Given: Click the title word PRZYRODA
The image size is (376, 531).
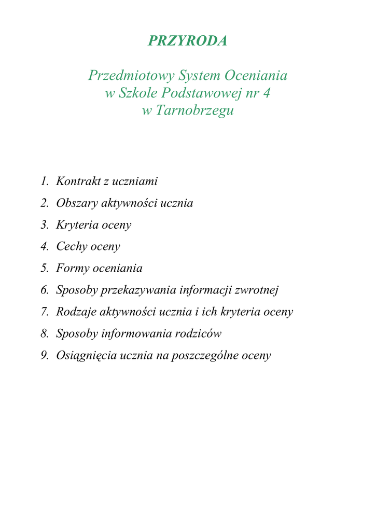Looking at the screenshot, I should (188, 41).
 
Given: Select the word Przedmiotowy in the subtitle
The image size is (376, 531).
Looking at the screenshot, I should (131, 76).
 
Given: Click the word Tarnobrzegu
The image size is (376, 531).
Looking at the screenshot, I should (194, 111).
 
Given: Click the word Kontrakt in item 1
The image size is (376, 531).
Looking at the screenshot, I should (75, 181).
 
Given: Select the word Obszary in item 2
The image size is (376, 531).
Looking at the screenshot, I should (77, 203).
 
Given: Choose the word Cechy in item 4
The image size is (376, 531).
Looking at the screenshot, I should (72, 247).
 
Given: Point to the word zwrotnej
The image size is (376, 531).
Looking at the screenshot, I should (257, 290).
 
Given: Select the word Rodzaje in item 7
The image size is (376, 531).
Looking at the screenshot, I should (76, 312).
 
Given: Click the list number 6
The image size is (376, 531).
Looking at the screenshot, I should (44, 290).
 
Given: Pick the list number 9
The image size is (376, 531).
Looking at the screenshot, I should (44, 356).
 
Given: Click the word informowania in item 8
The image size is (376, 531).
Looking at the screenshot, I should (136, 334).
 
